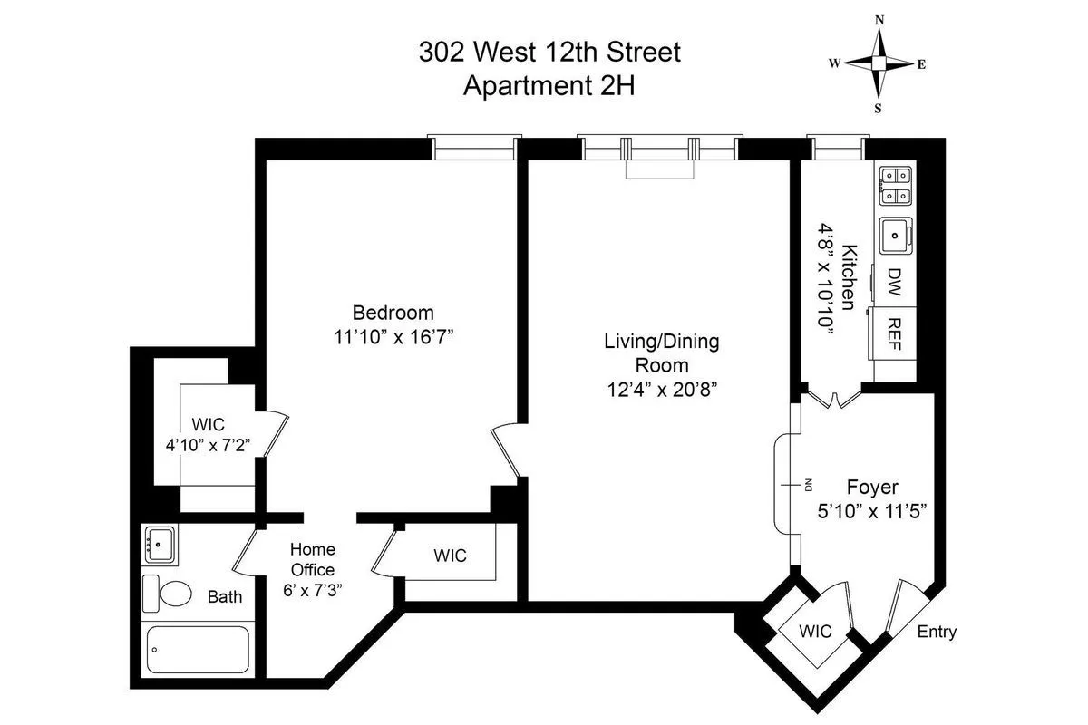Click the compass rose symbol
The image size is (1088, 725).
pos(878,63)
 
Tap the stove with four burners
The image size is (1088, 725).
pos(895,186)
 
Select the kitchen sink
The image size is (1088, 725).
pos(895,235)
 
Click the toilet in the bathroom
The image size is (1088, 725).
pos(169,594)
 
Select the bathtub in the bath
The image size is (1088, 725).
pos(197,649)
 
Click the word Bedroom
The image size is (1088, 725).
pos(393,313)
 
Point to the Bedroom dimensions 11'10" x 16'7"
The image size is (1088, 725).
pos(393,337)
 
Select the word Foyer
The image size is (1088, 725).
pos(871,487)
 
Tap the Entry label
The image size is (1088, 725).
pos(937,632)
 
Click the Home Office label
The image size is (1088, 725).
pos(312,559)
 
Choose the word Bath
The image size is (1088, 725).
pos(225,597)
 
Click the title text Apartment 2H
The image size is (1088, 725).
pos(549,86)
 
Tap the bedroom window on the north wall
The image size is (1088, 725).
pos(474,148)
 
